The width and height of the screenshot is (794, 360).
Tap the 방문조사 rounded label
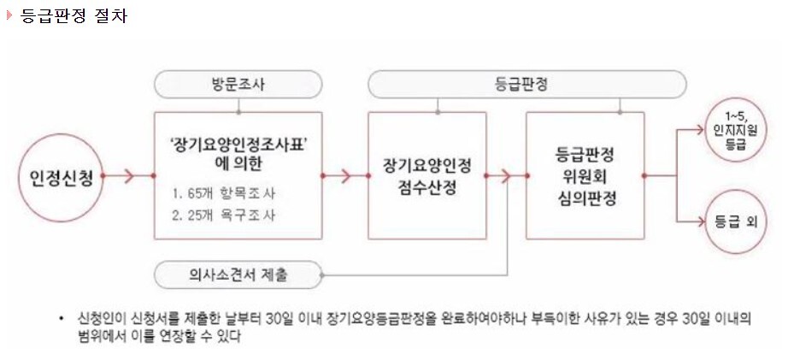point(238,84)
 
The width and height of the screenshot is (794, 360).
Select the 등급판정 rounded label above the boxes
point(527,84)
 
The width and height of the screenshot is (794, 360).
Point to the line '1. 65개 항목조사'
point(223,193)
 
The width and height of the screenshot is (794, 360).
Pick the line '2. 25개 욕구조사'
point(223,215)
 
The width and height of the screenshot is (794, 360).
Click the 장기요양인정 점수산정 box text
point(426,177)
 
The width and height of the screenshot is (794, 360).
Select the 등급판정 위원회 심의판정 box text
point(585,175)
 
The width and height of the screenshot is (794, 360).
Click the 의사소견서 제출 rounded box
point(238,275)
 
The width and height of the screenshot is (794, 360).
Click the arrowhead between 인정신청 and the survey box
point(128,176)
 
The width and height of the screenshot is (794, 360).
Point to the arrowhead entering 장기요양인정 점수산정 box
point(346,176)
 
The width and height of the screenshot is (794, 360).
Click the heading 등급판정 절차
point(74,15)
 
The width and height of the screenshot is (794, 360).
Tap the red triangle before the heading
point(9,15)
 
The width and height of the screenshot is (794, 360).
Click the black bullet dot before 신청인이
point(62,318)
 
